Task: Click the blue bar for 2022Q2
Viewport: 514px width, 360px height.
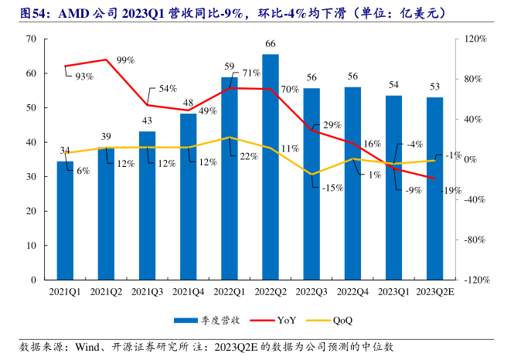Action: tap(271, 166)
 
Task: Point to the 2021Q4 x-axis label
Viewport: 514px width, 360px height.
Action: tap(188, 291)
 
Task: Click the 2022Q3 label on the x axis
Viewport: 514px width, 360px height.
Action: tap(311, 291)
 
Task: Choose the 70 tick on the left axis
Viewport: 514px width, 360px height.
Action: tap(32, 39)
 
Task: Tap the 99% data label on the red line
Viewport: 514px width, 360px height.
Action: tap(126, 59)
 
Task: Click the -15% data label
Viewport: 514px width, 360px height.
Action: tap(332, 188)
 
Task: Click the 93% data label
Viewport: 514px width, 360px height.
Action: tap(83, 76)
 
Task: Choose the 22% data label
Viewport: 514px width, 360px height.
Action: tap(249, 156)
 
